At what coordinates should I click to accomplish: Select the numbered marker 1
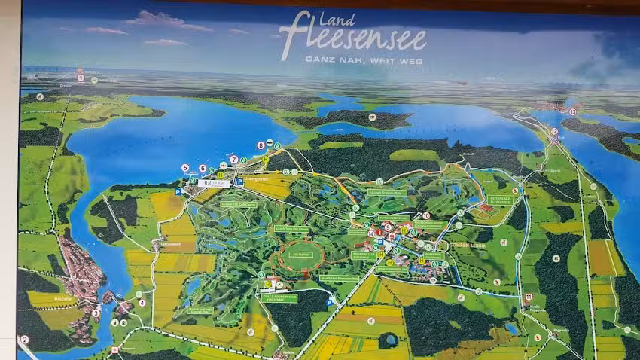coord(81,78)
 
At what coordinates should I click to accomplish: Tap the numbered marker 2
coord(24,340)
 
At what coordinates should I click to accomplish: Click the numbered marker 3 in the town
coord(96,313)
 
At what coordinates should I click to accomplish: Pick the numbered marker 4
coord(142,303)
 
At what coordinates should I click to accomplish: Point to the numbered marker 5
coord(185,167)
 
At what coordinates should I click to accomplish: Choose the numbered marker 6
coord(203,168)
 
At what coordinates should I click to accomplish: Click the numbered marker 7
coord(234,159)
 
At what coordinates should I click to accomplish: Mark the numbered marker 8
coord(261,145)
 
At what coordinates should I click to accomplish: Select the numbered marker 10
coord(426,216)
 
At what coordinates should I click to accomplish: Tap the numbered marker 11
coord(528,297)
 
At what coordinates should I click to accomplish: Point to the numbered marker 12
coord(554,131)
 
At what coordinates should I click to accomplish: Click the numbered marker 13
coord(572,111)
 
